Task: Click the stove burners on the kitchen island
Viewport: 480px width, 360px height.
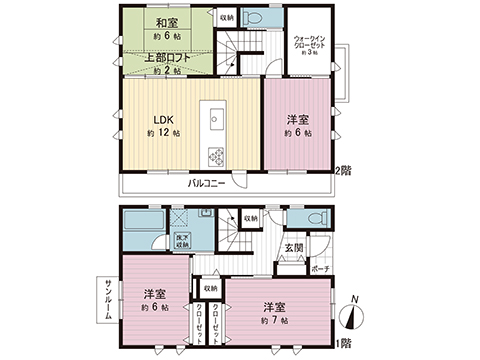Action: point(215,155)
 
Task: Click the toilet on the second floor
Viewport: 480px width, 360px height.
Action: point(255,20)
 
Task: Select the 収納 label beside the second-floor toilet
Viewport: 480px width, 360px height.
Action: point(226,18)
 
